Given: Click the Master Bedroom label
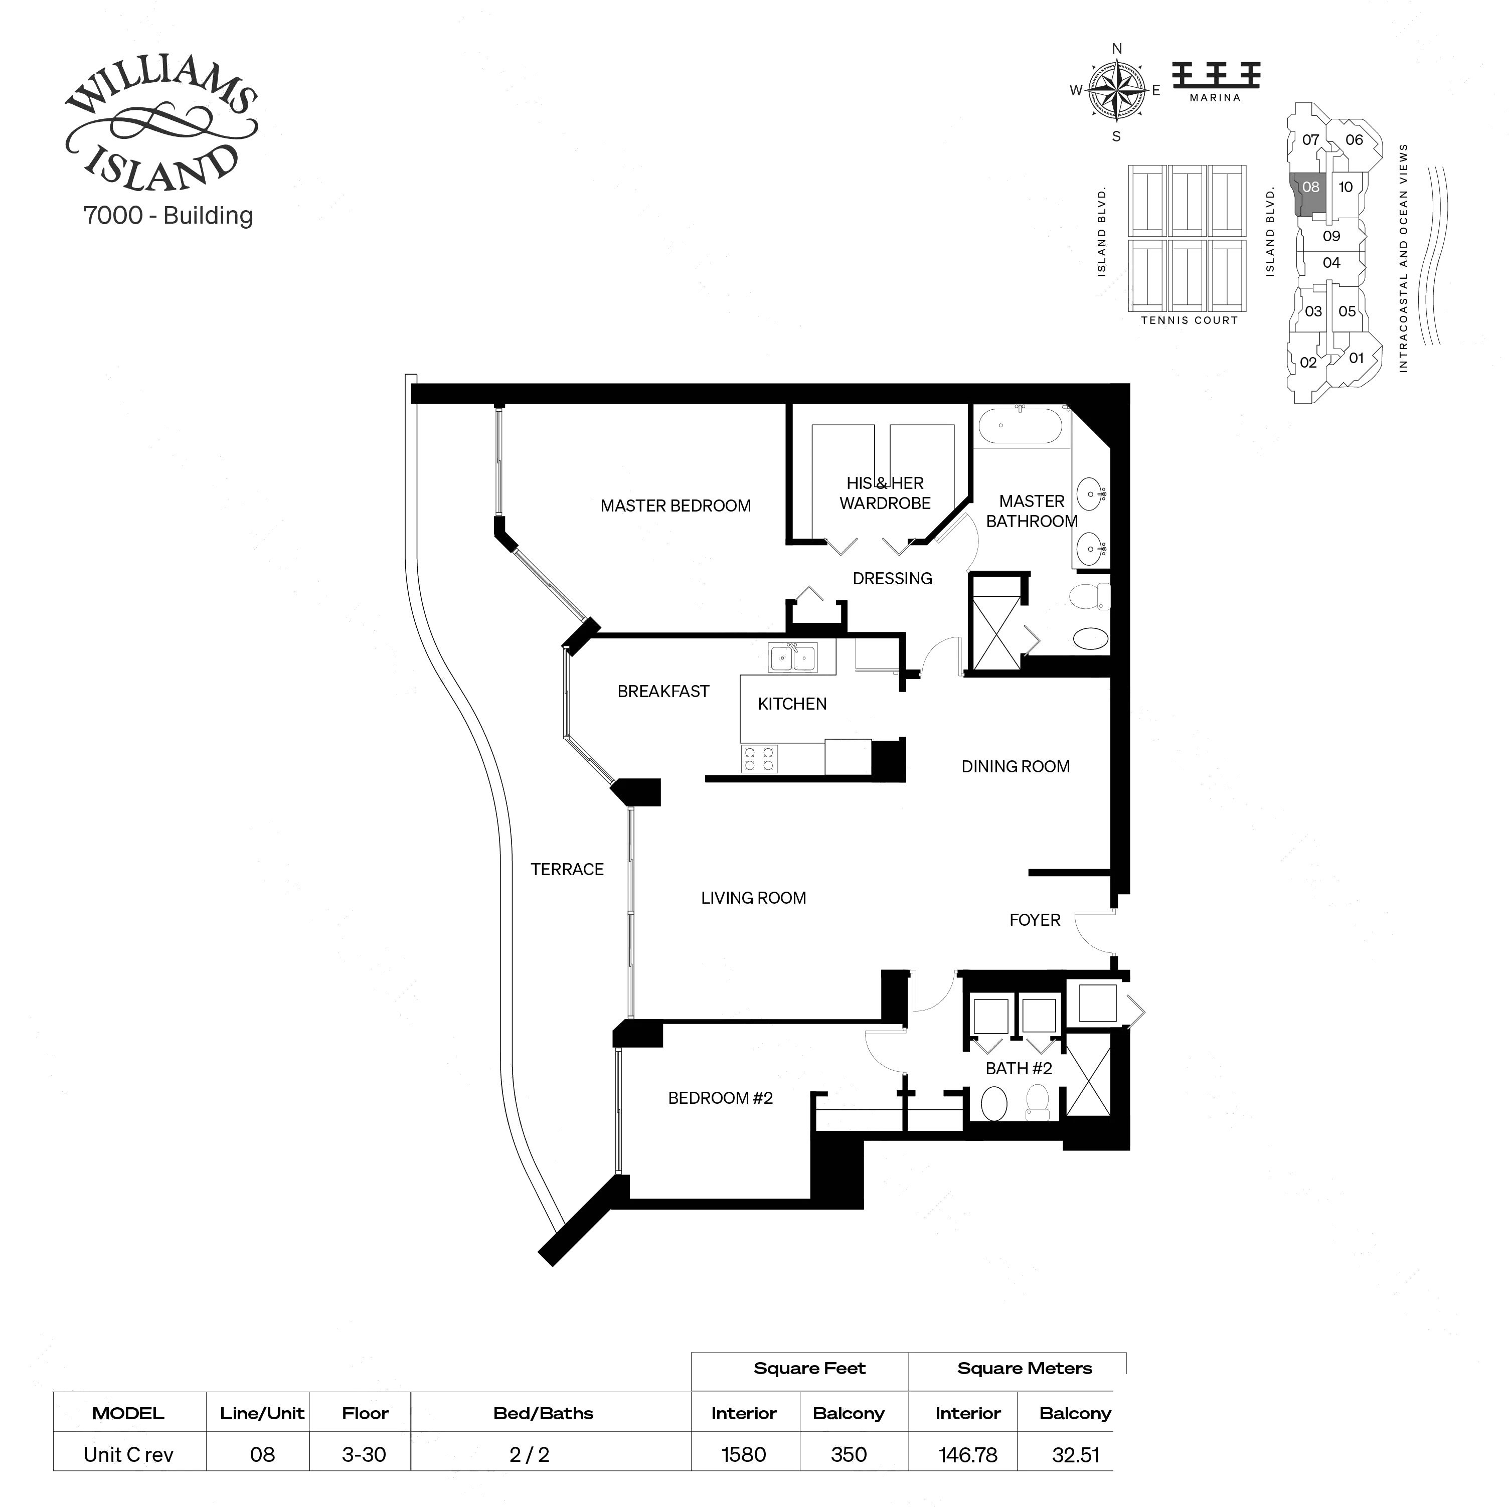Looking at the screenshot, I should tap(675, 506).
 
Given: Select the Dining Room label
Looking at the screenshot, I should tap(1015, 766).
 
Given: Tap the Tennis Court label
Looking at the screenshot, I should tap(1189, 320).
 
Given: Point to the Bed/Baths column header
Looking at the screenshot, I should tap(543, 1413).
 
